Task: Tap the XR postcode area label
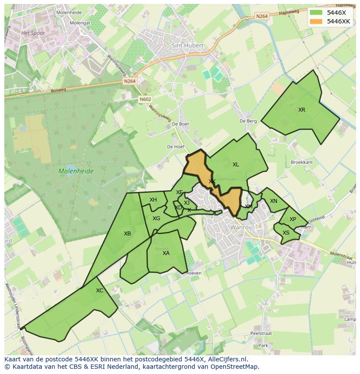pyautogui.click(x=302, y=110)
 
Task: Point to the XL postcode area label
pyautogui.click(x=236, y=165)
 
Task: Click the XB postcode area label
pyautogui.click(x=127, y=234)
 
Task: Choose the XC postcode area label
pyautogui.click(x=100, y=291)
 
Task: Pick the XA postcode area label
pyautogui.click(x=166, y=253)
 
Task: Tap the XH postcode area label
pyautogui.click(x=153, y=200)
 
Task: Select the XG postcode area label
pyautogui.click(x=157, y=218)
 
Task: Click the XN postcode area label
pyautogui.click(x=273, y=201)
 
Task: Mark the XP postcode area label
pyautogui.click(x=293, y=219)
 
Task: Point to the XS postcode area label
pyautogui.click(x=286, y=233)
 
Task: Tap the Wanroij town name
pyautogui.click(x=241, y=227)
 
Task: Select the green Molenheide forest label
pyautogui.click(x=76, y=171)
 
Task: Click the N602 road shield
pyautogui.click(x=146, y=99)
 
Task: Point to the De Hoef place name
pyautogui.click(x=176, y=147)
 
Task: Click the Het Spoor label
pyautogui.click(x=33, y=33)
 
